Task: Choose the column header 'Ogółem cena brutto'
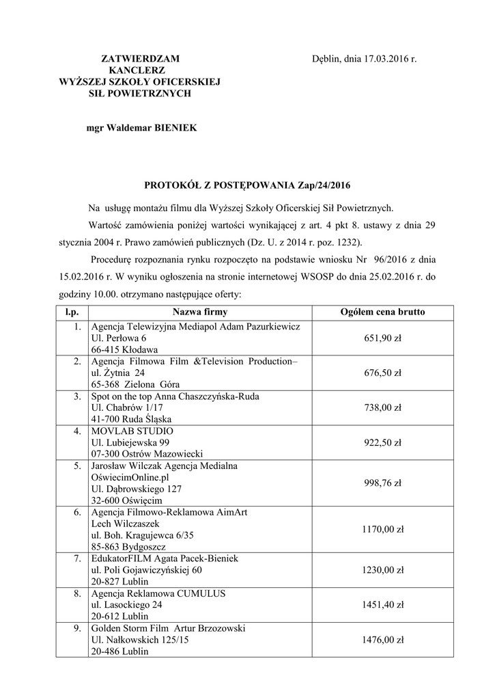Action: coord(382,312)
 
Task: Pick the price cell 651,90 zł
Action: coord(382,338)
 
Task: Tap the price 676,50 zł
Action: coord(382,373)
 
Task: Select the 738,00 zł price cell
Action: coord(382,407)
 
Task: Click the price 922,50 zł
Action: coord(382,442)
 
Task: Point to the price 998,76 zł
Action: coord(382,483)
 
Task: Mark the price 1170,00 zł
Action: coord(382,529)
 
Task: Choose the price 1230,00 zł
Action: coord(382,570)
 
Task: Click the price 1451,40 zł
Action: coord(382,605)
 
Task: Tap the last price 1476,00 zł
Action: coord(382,640)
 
